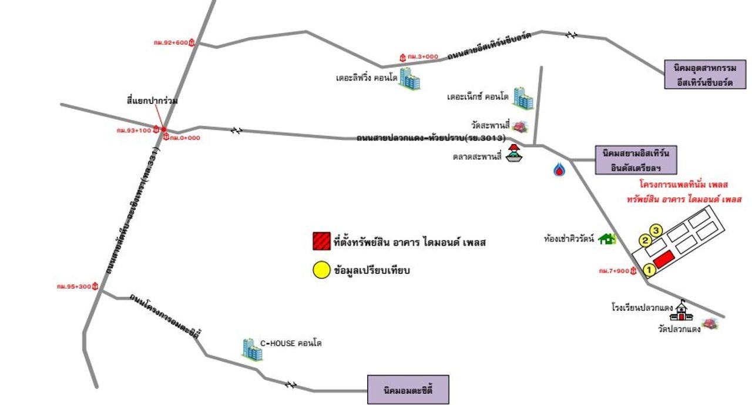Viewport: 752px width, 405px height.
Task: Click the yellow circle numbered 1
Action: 649,270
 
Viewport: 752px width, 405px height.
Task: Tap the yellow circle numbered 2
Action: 645,240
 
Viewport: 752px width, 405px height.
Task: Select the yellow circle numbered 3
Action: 656,229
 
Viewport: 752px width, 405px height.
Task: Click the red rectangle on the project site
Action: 663,259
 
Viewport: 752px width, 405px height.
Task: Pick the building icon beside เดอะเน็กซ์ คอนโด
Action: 522,98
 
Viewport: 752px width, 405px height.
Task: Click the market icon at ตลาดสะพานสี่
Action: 515,154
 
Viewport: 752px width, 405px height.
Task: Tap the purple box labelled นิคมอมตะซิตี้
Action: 408,389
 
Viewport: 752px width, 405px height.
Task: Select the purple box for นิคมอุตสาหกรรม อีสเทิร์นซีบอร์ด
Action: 704,74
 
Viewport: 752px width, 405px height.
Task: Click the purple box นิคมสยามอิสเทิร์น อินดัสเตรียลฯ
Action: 636,160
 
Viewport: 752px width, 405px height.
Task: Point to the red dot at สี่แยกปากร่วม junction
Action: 164,129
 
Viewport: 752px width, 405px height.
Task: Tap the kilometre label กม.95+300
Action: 74,287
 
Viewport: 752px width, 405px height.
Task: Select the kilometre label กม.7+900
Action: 615,271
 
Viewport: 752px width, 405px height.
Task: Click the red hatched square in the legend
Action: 321,241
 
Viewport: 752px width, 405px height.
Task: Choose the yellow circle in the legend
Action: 321,270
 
